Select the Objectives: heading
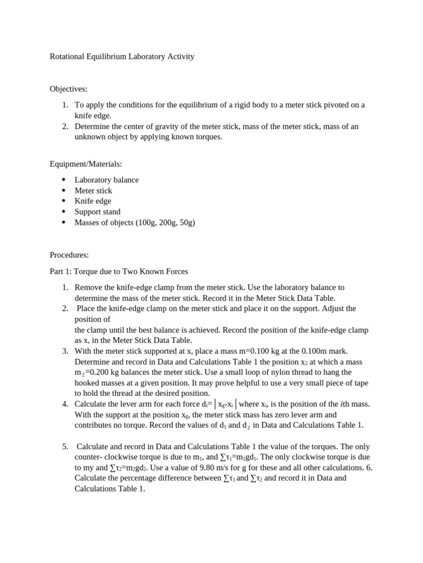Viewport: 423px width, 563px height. tap(68, 89)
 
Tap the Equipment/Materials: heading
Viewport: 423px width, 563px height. tap(85, 164)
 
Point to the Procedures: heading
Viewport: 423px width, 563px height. tap(69, 255)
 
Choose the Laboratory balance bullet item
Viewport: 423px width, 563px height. tap(106, 180)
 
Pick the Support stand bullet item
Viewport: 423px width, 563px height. tap(97, 212)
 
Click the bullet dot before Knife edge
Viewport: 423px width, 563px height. tap(64, 201)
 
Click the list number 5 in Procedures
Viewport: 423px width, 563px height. tap(64, 446)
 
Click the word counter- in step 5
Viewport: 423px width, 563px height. tap(90, 457)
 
